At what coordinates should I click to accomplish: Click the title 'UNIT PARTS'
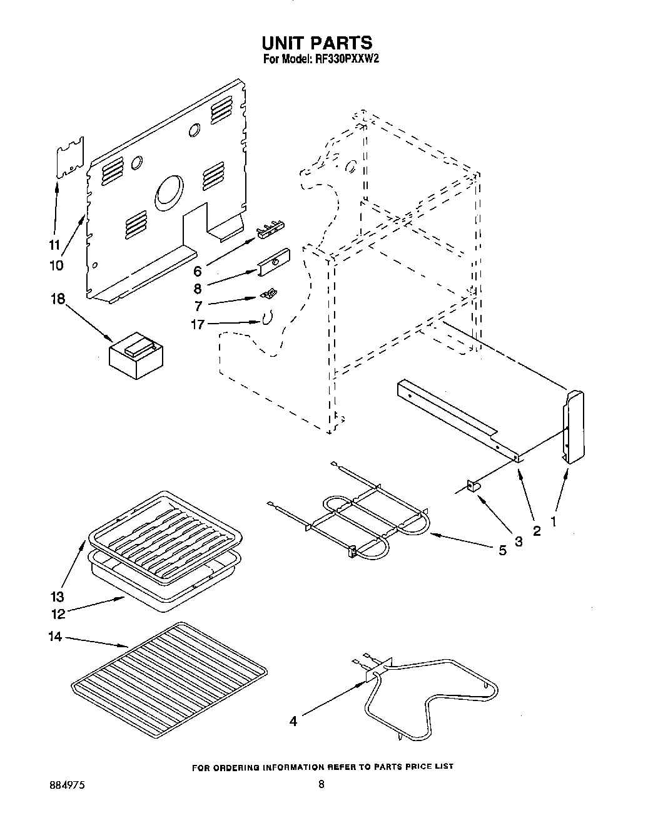point(317,43)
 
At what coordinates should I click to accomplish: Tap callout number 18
point(58,299)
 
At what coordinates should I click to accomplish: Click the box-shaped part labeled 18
point(135,356)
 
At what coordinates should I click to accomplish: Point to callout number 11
point(55,245)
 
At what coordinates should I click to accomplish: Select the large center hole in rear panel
point(170,191)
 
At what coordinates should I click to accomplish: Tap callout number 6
point(198,271)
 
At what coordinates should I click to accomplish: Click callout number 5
point(502,550)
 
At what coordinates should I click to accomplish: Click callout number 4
point(293,721)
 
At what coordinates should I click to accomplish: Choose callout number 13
point(58,597)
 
